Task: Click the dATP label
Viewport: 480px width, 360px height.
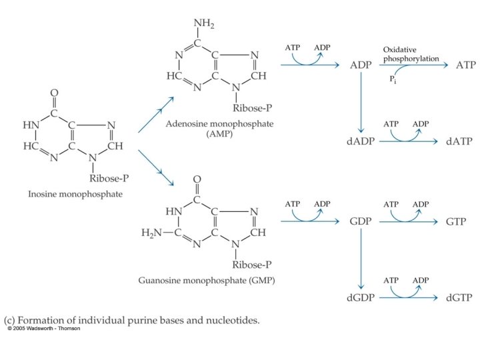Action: pos(457,143)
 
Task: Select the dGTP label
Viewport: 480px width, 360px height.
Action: pos(457,298)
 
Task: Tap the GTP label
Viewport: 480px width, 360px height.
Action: pos(457,221)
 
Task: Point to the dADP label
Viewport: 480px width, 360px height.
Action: pos(361,143)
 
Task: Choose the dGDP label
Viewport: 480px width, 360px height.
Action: pos(361,298)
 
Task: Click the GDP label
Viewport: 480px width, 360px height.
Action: pos(361,221)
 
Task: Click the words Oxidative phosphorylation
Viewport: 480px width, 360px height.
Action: pos(411,54)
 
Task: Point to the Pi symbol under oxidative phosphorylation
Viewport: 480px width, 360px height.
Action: pos(393,79)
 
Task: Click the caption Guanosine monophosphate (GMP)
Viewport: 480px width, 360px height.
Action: pos(206,281)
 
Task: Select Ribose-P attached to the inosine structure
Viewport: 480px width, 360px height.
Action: pos(108,178)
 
